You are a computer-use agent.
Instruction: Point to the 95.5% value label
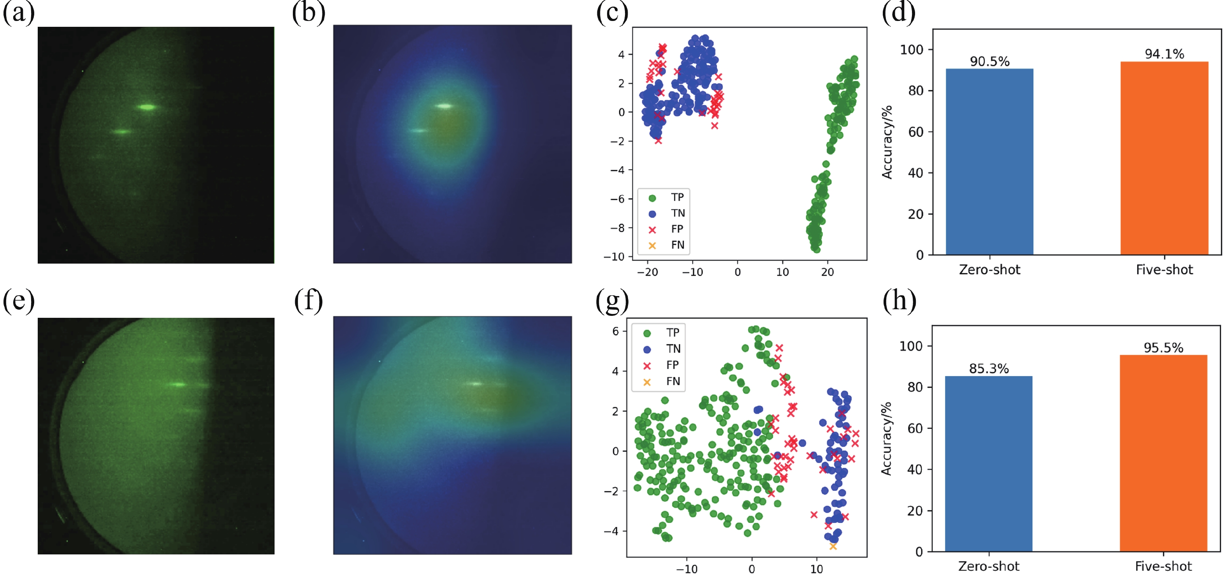coord(1163,347)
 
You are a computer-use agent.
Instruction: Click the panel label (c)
coord(612,13)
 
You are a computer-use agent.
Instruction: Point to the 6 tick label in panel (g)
coord(615,331)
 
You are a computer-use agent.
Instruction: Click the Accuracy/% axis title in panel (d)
coord(887,143)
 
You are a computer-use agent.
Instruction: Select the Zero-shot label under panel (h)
coord(988,566)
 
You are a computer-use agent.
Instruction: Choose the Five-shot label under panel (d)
coord(1164,270)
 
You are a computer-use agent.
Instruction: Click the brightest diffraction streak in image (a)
coord(147,107)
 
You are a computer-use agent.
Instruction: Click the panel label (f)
coord(308,301)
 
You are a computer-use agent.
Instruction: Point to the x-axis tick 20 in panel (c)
coord(828,272)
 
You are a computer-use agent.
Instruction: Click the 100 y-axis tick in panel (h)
coord(911,346)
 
